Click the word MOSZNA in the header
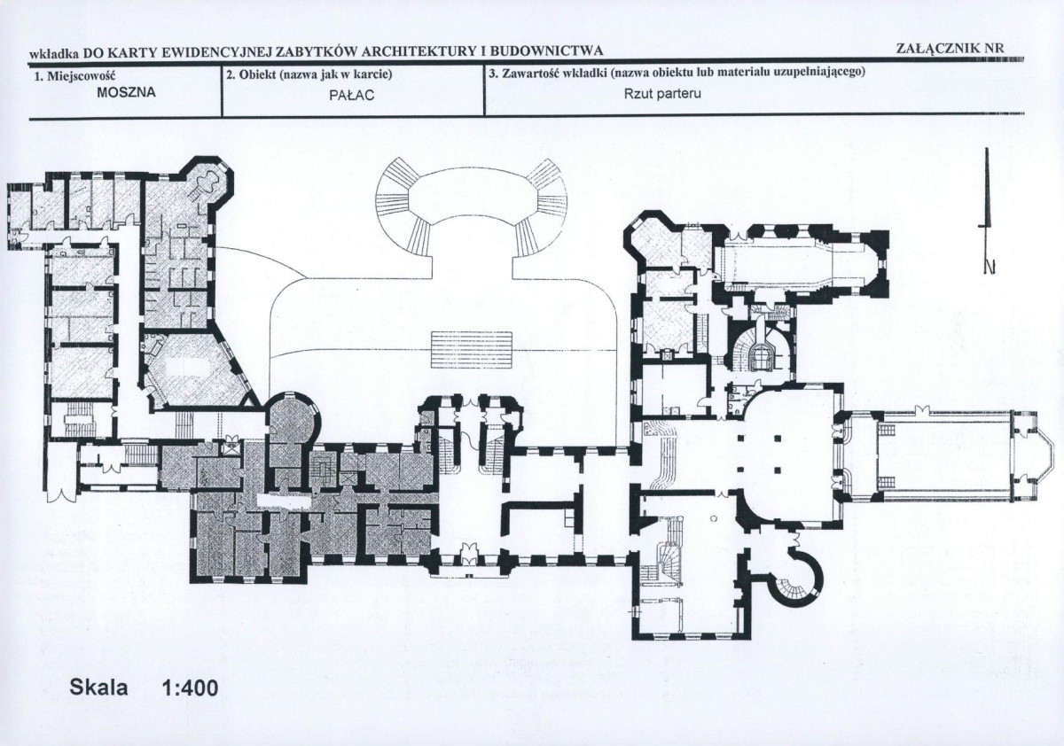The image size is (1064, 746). [x=126, y=92]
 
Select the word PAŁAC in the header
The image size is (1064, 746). [x=351, y=95]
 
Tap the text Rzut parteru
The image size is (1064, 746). [x=662, y=94]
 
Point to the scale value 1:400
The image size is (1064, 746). [x=190, y=688]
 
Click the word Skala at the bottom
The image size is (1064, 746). [x=98, y=688]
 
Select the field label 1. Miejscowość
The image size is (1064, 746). [x=74, y=76]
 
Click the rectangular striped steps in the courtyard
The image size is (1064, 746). [x=471, y=350]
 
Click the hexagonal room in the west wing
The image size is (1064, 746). [x=196, y=370]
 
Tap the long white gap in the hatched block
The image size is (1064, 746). [x=284, y=501]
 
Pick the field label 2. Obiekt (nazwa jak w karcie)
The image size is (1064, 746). [x=309, y=75]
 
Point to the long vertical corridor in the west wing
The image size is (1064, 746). [x=128, y=322]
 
